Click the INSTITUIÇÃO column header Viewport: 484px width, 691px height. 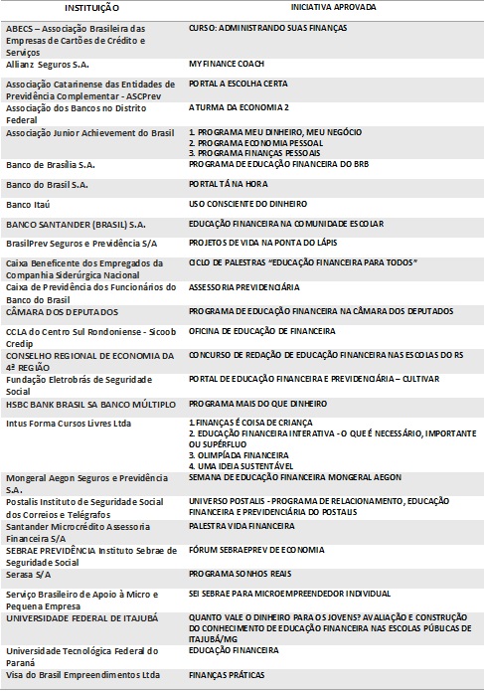pos(88,7)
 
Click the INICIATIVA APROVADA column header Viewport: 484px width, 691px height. pos(332,7)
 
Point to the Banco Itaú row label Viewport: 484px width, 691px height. pos(33,205)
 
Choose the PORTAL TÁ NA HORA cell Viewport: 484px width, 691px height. pos(232,185)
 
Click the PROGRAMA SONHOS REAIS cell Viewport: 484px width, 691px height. pos(238,573)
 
